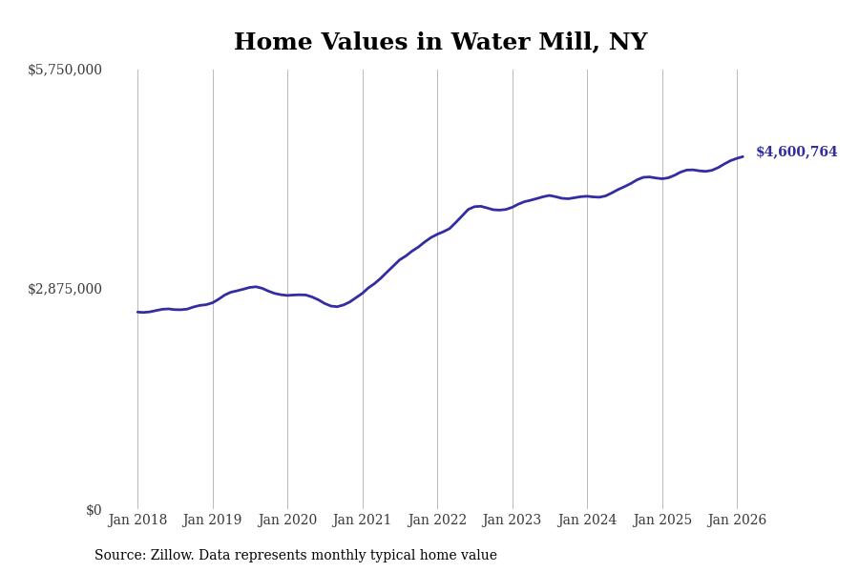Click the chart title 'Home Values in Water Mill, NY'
[440, 43]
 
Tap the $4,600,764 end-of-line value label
[796, 153]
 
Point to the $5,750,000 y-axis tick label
[65, 70]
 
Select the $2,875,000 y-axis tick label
[65, 289]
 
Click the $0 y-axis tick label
[94, 510]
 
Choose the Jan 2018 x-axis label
[137, 521]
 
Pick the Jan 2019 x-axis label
[212, 521]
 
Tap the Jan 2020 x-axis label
[287, 521]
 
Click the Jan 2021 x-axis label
[362, 521]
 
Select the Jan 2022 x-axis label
[437, 521]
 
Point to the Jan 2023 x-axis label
[512, 521]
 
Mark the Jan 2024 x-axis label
[587, 521]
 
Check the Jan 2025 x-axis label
[661, 521]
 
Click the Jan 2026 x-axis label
[737, 521]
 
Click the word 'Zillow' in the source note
[172, 556]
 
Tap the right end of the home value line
[743, 156]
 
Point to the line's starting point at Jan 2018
[137, 312]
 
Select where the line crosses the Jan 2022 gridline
[437, 234]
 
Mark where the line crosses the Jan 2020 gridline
[287, 296]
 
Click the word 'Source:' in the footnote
[120, 556]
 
